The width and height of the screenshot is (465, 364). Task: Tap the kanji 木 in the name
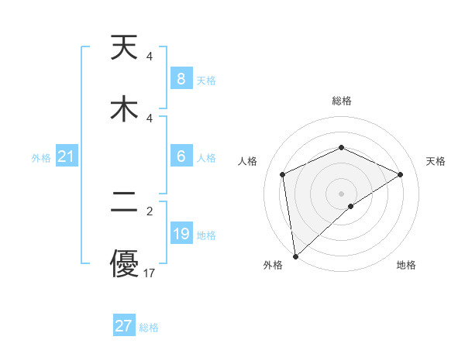[x=124, y=108]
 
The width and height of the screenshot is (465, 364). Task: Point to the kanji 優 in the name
[x=124, y=263]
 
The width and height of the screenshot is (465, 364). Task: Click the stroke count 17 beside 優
[x=150, y=273]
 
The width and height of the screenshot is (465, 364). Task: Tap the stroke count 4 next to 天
[x=150, y=57]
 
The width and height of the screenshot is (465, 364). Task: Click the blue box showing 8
[x=181, y=79]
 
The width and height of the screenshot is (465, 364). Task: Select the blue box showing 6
[x=181, y=156]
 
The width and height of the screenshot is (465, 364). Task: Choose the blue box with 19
[x=181, y=234]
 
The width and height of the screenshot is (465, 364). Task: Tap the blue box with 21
[x=66, y=157]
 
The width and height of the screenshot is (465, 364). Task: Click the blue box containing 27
[x=123, y=326]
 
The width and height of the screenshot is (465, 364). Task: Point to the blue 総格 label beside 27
[x=149, y=328]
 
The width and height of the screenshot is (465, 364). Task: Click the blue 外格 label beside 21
[x=41, y=158]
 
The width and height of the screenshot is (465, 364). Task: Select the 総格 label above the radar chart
[x=342, y=101]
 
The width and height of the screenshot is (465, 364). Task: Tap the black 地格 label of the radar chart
[x=406, y=265]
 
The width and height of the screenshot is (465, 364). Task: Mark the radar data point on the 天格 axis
[x=401, y=174]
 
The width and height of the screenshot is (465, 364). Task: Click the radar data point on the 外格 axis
[x=295, y=256]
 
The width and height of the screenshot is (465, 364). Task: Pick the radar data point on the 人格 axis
[x=283, y=174]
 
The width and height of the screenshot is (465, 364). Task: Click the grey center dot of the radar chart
[x=342, y=193]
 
